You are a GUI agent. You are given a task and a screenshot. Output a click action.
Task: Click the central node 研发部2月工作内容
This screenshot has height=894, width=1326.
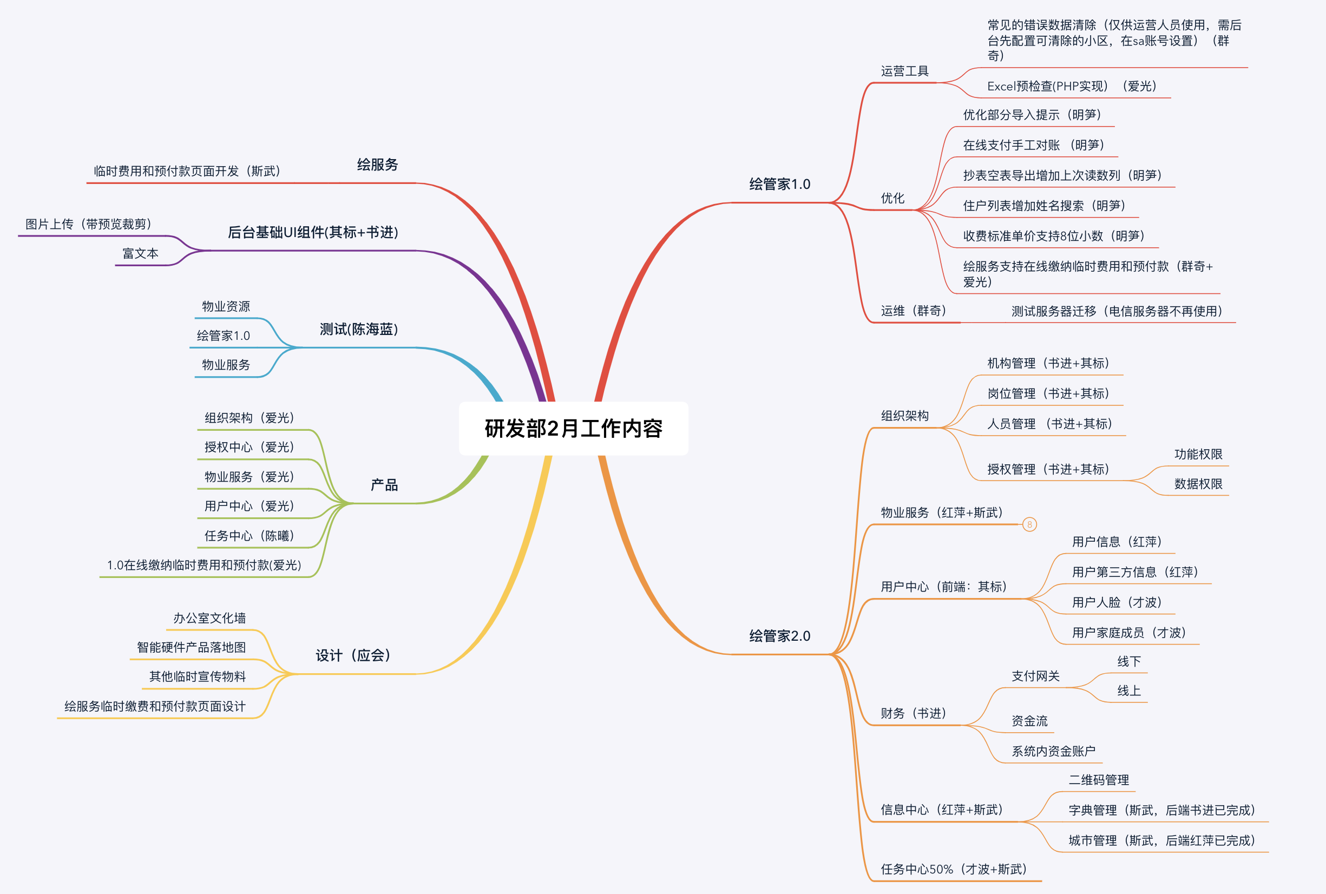click(x=573, y=429)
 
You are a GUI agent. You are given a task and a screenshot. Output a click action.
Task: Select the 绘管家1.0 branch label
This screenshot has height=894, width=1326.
click(x=779, y=184)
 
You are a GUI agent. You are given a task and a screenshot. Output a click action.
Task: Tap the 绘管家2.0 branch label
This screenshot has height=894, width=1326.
click(x=779, y=636)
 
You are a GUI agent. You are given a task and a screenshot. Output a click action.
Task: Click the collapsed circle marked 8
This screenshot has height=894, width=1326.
click(x=1029, y=524)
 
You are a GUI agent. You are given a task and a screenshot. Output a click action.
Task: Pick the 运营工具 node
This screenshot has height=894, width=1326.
click(x=904, y=71)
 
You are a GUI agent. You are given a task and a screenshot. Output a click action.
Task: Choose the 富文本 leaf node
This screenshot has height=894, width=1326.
click(x=140, y=254)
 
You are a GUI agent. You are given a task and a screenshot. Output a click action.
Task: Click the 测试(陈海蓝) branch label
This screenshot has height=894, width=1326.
click(x=359, y=330)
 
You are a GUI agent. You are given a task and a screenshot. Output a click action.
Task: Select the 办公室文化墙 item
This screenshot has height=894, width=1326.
click(x=209, y=619)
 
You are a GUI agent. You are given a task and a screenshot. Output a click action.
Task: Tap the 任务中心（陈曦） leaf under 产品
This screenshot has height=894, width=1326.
click(x=249, y=536)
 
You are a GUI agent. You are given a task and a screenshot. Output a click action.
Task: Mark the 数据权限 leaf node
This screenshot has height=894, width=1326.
click(x=1198, y=484)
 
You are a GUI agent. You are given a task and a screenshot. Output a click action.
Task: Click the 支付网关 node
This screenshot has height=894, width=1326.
click(x=1035, y=676)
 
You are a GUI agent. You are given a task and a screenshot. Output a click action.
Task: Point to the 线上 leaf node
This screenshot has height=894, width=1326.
click(x=1129, y=691)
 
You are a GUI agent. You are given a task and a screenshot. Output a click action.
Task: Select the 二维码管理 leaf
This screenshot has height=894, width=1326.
click(x=1099, y=780)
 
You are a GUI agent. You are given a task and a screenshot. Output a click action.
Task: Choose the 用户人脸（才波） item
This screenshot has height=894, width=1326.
click(x=1116, y=603)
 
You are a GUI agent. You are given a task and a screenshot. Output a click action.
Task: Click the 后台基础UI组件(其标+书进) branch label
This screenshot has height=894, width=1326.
click(x=313, y=233)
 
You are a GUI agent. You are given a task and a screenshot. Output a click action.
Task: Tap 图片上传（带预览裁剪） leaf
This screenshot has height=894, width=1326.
click(x=88, y=224)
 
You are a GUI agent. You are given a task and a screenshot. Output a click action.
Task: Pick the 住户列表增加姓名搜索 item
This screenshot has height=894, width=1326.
click(x=1044, y=206)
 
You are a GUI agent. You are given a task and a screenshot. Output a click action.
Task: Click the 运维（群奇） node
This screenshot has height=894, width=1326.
click(x=913, y=311)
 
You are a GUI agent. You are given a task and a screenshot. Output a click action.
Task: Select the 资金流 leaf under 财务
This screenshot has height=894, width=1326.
click(x=1029, y=721)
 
